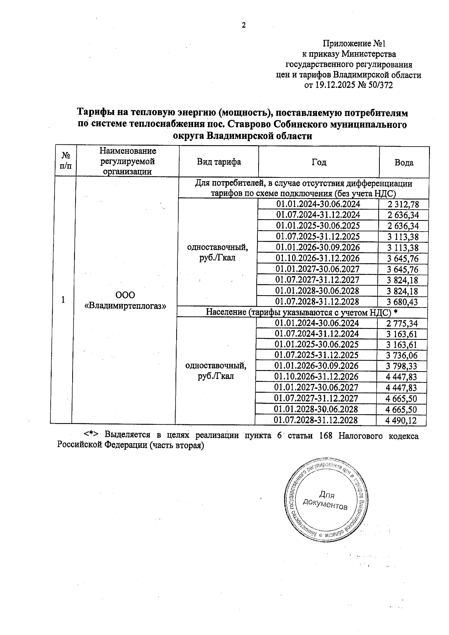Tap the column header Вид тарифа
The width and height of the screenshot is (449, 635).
pyautogui.click(x=219, y=162)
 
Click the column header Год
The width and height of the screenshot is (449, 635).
pyautogui.click(x=319, y=162)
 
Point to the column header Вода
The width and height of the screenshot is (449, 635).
pyautogui.click(x=404, y=163)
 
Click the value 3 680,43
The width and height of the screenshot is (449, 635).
pyautogui.click(x=403, y=302)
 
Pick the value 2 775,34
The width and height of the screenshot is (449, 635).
pyautogui.click(x=402, y=323)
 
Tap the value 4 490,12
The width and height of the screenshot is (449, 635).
pyautogui.click(x=401, y=421)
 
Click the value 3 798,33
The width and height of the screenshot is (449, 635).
pyautogui.click(x=402, y=366)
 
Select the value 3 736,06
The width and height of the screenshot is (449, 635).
pyautogui.click(x=402, y=355)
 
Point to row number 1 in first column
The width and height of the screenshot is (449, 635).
pyautogui.click(x=63, y=300)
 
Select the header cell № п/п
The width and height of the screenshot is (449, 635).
pyautogui.click(x=66, y=161)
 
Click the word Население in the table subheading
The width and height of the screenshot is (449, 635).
pyautogui.click(x=226, y=312)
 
